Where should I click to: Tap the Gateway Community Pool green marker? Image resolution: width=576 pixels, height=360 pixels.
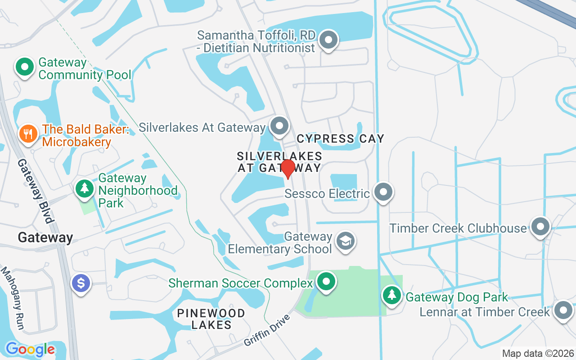[x=25, y=67]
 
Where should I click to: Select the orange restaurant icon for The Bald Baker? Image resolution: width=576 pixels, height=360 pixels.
[x=28, y=134]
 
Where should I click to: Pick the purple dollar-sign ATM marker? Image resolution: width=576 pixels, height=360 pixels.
[x=81, y=283]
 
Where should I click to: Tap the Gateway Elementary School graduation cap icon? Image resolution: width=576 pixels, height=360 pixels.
[x=346, y=241]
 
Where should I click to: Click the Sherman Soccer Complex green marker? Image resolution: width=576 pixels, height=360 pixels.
[x=326, y=282]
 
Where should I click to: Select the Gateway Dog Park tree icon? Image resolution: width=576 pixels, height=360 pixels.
[x=392, y=295]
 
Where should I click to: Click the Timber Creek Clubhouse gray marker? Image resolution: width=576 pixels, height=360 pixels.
[x=540, y=227]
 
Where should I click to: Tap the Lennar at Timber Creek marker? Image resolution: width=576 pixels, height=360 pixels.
[x=563, y=310]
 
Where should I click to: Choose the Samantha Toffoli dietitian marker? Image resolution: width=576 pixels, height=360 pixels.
[x=328, y=40]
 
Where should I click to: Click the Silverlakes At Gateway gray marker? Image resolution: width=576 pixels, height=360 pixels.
[x=279, y=126]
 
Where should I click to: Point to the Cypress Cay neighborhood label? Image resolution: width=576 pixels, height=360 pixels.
[x=340, y=139]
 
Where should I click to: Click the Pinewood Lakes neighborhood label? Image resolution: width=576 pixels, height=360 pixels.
[x=211, y=319]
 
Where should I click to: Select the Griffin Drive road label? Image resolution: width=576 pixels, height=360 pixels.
[x=267, y=330]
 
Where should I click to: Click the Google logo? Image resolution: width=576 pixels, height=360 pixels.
[x=30, y=349]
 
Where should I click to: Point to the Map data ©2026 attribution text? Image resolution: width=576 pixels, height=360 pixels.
[x=538, y=354]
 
